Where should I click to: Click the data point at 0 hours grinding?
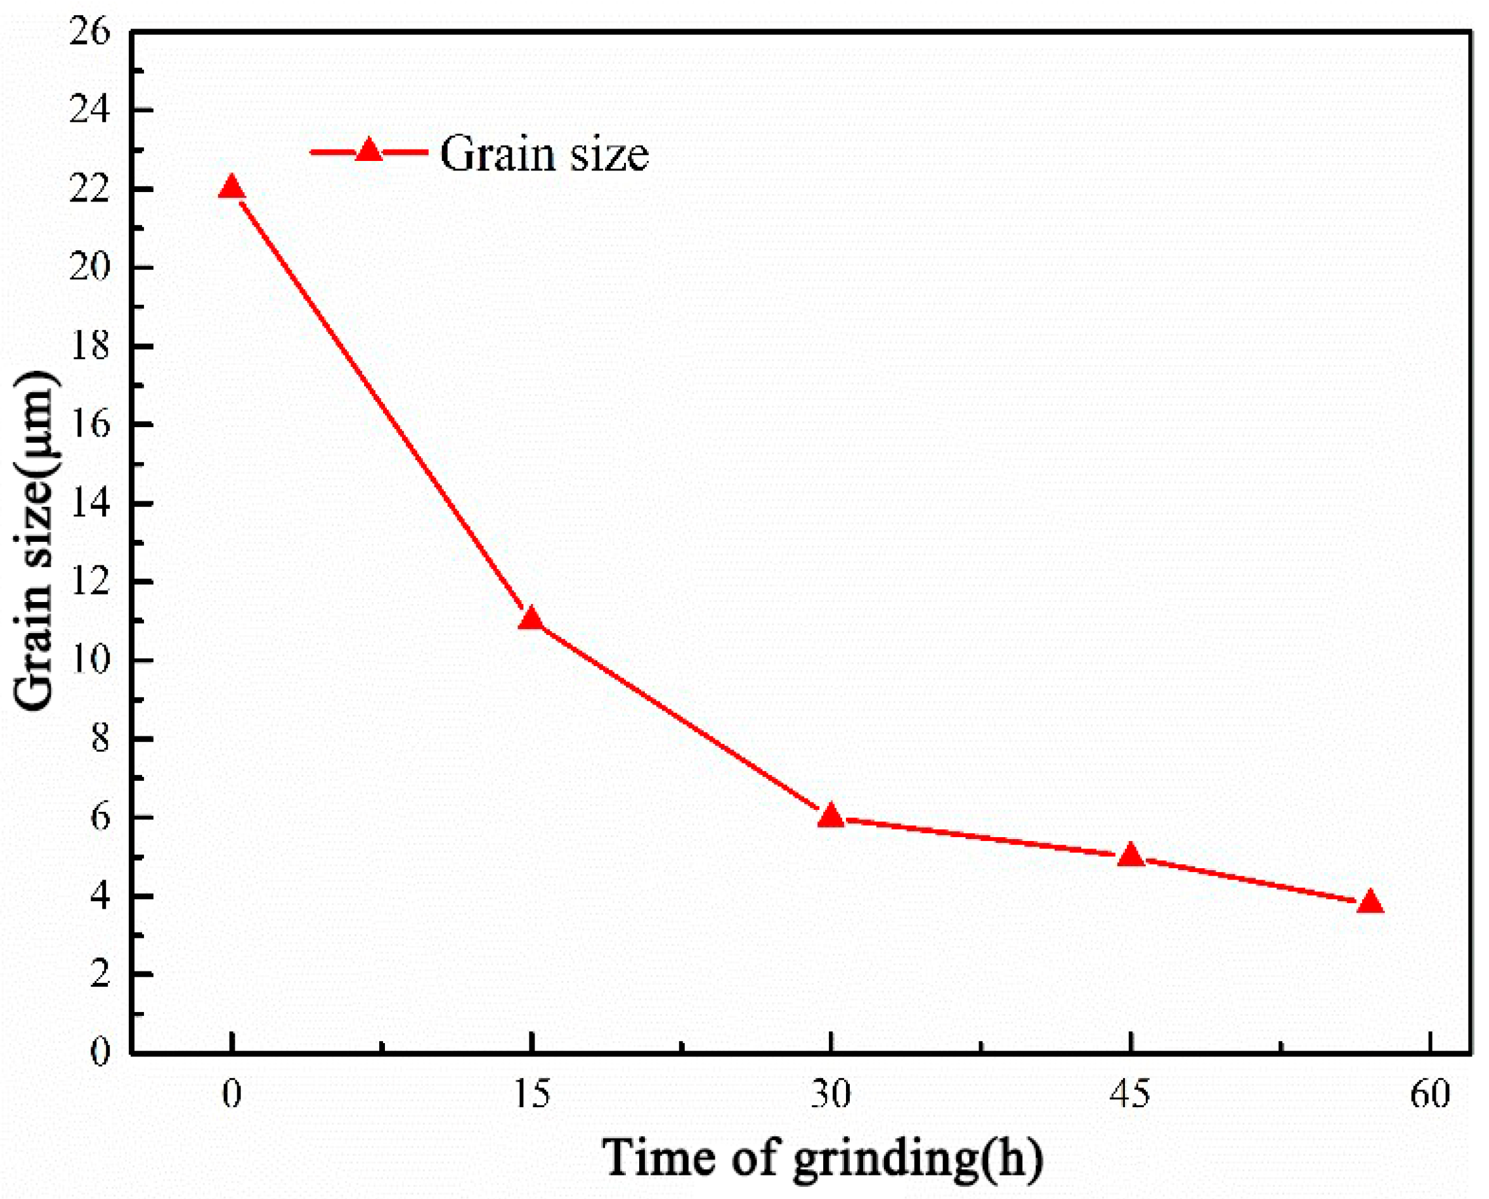pyautogui.click(x=231, y=188)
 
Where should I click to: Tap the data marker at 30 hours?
pyautogui.click(x=831, y=816)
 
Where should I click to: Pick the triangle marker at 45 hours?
pyautogui.click(x=1131, y=856)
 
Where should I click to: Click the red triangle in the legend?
pyautogui.click(x=368, y=151)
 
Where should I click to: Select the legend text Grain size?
pyautogui.click(x=545, y=154)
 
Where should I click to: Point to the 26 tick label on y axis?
pyautogui.click(x=90, y=32)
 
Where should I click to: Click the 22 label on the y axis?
pyautogui.click(x=90, y=189)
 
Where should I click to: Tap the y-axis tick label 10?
pyautogui.click(x=90, y=661)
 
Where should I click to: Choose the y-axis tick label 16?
pyautogui.click(x=90, y=425)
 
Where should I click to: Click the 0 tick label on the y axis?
pyautogui.click(x=100, y=1054)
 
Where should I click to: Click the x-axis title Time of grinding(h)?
pyautogui.click(x=823, y=1158)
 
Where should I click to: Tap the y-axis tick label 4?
pyautogui.click(x=100, y=897)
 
